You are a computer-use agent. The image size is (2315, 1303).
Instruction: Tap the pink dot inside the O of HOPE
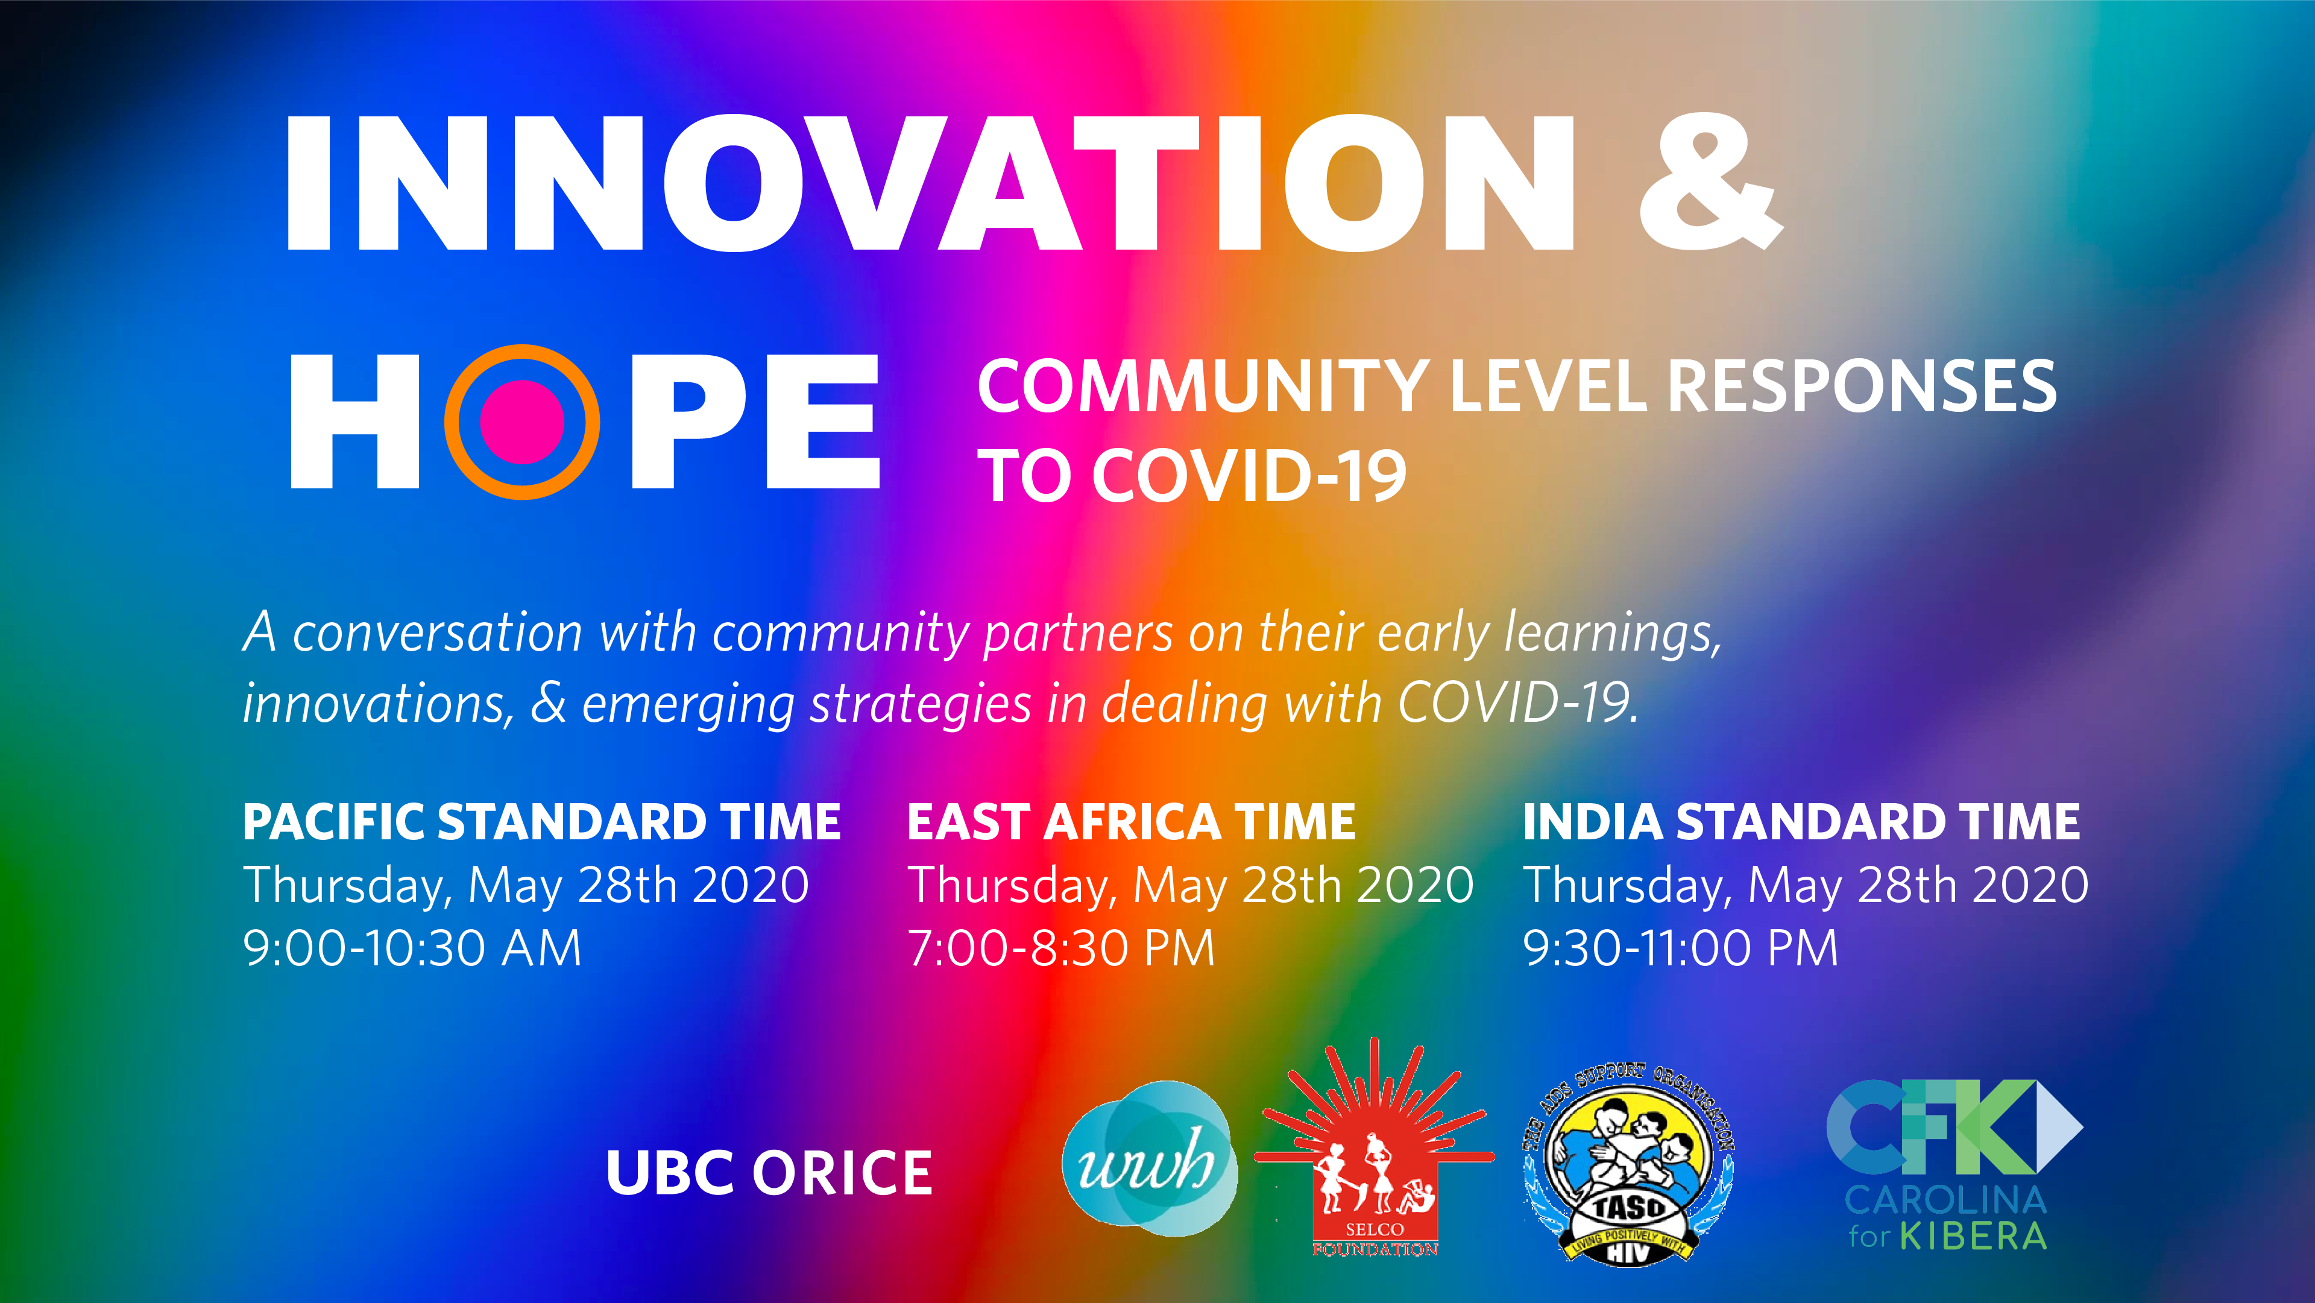click(x=522, y=421)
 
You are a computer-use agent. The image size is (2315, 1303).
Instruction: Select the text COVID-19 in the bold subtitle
click(x=1249, y=476)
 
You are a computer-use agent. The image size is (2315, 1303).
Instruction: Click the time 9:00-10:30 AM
click(x=412, y=948)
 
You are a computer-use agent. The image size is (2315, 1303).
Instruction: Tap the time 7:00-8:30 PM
click(x=1061, y=948)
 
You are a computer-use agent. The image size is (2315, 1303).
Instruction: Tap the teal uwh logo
click(x=1148, y=1159)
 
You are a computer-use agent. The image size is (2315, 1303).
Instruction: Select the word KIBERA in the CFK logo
click(x=1974, y=1237)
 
